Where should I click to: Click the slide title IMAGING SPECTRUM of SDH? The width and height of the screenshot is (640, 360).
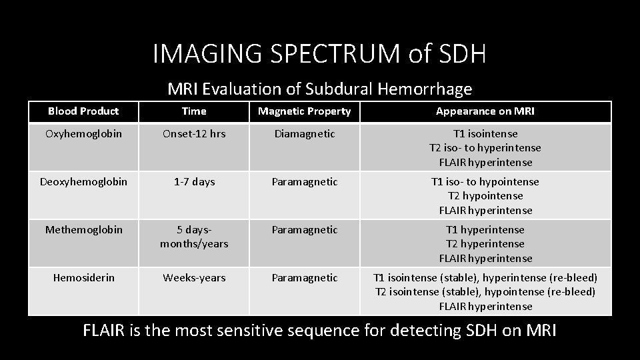319,54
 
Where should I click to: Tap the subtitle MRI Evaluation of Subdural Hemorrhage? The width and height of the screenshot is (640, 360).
319,89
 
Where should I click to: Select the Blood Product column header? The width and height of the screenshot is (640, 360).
83,111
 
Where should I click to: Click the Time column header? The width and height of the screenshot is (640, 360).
194,111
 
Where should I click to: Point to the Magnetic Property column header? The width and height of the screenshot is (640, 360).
305,111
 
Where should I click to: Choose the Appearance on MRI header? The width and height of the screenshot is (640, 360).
485,111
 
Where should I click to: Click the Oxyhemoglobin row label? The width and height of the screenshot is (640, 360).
83,133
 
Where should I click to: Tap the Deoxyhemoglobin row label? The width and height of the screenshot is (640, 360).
83,181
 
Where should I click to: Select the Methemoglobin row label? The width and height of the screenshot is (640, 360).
83,229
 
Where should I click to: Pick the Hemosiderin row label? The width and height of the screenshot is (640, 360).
83,277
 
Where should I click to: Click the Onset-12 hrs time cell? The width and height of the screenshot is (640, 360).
194,133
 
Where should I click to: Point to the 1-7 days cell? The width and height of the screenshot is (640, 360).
194,181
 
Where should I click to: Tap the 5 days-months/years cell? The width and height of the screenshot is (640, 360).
194,237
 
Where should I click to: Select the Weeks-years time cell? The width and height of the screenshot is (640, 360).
194,277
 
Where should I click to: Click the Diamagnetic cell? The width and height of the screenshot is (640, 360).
305,133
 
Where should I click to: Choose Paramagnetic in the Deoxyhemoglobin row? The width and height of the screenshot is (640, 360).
305,181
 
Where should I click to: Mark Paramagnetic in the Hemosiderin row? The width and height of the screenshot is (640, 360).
305,277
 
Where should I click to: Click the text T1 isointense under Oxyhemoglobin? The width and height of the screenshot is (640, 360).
485,133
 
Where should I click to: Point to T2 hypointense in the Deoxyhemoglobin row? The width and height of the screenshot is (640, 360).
485,196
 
